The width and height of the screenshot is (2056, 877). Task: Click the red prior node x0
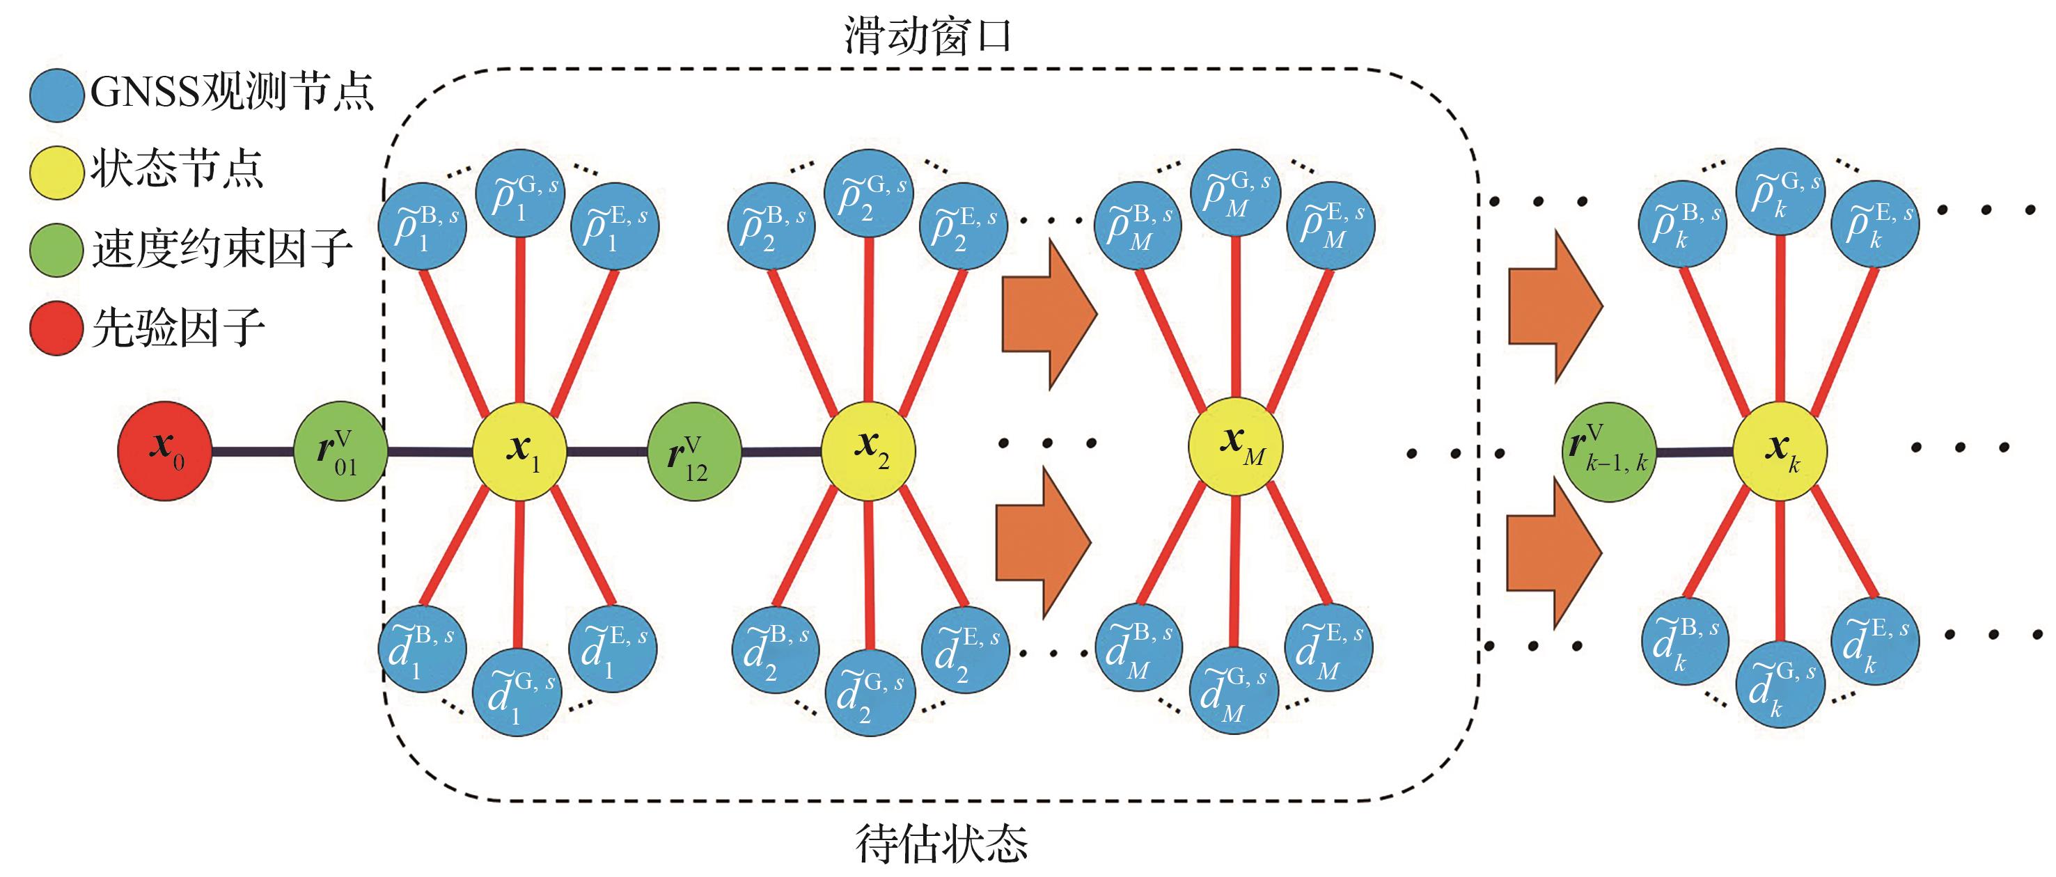point(164,451)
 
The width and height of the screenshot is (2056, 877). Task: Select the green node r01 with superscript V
point(340,452)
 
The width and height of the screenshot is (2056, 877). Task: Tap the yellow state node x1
point(519,451)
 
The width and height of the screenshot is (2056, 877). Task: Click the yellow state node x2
point(868,451)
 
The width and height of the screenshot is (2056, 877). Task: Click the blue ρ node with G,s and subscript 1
point(520,195)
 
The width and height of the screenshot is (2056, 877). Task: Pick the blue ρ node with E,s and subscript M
point(1332,224)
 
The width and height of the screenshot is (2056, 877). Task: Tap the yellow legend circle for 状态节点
point(56,171)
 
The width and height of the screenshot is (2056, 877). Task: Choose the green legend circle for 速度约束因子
point(56,249)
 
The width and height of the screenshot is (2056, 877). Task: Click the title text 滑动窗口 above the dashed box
point(927,37)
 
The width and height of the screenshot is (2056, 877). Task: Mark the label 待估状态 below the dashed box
point(942,844)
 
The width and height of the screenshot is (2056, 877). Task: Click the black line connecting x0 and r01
point(252,452)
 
